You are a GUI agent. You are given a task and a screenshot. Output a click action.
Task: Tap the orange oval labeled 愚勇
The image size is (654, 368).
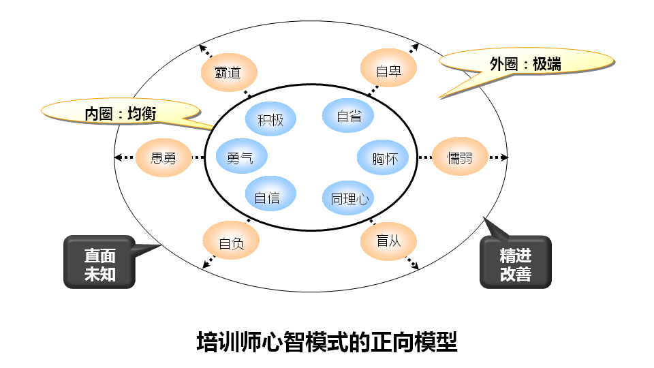coord(163,158)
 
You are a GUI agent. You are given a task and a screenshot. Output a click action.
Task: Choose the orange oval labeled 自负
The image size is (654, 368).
coord(230,242)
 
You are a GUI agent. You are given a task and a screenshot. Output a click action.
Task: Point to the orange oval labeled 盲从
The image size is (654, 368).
coord(388,241)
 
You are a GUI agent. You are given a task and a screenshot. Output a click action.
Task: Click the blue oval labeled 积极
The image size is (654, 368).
coord(270,120)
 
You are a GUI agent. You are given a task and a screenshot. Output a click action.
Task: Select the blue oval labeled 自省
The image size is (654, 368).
coord(349,115)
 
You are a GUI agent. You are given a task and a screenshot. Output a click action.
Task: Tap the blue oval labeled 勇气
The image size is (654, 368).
coord(241,157)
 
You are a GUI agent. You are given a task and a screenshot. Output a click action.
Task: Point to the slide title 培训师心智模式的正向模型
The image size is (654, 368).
coord(327,341)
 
